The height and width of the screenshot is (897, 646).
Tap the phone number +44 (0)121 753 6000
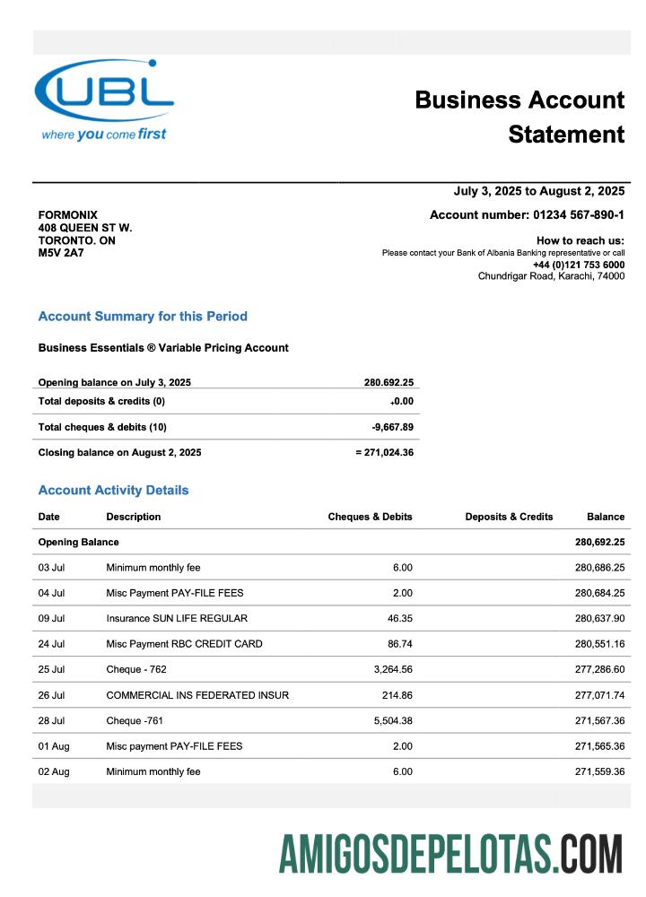578,265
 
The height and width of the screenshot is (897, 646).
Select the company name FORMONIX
68,215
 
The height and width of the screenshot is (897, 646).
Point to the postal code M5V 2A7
61,253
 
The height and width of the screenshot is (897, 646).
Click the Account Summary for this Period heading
143,317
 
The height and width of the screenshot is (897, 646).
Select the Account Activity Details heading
113,491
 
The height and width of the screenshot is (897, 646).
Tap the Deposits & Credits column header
509,517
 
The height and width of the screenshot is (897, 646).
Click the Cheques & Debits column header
370,517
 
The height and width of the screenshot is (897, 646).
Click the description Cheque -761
135,720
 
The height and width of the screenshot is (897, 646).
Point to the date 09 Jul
51,618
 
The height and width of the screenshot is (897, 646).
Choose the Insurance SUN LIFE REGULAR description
177,618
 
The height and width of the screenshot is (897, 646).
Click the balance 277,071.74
599,695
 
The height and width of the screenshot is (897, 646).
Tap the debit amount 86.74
397,644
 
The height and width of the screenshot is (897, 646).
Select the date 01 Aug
53,746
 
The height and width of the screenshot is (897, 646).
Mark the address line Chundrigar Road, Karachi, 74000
551,276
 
